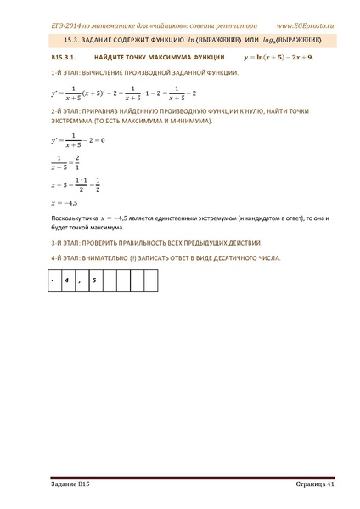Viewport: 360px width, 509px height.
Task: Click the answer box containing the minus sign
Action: [53, 278]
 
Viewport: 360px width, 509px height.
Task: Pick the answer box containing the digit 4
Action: [66, 278]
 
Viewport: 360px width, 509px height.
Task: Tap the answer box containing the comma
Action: [80, 278]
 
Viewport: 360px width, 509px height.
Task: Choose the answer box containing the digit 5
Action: [93, 278]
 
